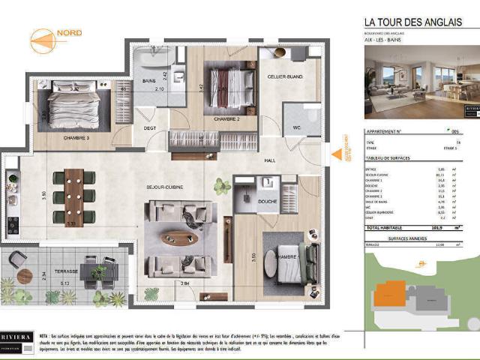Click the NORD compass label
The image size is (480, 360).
[x=68, y=33]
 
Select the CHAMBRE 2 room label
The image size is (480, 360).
[x=226, y=119]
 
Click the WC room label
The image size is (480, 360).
[x=297, y=127]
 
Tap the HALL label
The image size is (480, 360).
[x=271, y=160]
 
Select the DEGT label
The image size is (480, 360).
[x=150, y=128]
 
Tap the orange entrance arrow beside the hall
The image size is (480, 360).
[x=337, y=154]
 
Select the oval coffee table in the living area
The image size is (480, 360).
[x=181, y=238]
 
